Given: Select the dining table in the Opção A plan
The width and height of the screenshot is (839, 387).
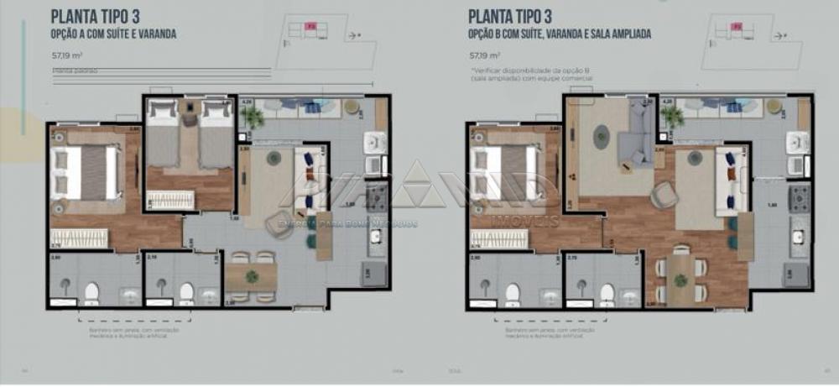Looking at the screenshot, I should [x=251, y=276].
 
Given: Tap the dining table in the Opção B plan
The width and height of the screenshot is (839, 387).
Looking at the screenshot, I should [x=680, y=278].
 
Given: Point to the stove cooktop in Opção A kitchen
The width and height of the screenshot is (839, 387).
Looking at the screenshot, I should [x=377, y=198].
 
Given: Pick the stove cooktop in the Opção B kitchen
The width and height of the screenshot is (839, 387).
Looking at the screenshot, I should [x=798, y=198].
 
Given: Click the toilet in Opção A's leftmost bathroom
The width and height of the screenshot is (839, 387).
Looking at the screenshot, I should [x=91, y=292].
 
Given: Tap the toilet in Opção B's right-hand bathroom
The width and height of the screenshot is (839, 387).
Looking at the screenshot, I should [x=607, y=292].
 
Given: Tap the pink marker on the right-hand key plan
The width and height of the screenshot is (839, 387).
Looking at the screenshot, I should [x=736, y=27].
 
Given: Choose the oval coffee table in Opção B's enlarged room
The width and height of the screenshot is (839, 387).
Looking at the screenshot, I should [x=601, y=136].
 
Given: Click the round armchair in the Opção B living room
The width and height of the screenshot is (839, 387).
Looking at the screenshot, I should [x=665, y=195].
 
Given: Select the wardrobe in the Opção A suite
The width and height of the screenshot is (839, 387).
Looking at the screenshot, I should [x=80, y=238].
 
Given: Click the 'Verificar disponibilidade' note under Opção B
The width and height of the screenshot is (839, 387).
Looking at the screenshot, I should [x=531, y=74].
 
